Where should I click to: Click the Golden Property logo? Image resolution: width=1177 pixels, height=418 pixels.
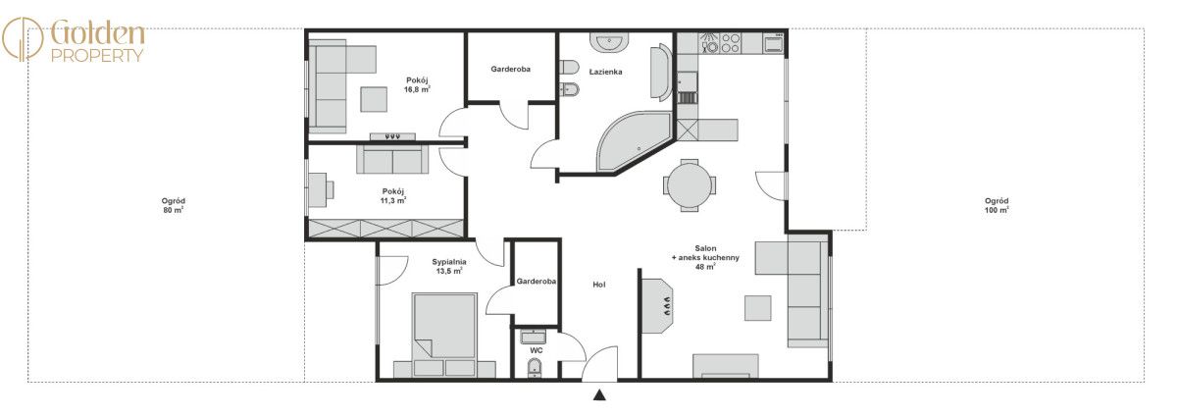click(x=74, y=40)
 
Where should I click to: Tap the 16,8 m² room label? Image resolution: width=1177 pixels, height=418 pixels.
click(x=417, y=84)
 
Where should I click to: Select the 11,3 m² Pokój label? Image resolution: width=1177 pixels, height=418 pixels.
click(x=393, y=195)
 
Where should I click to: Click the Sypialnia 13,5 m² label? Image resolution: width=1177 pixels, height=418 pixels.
click(x=449, y=266)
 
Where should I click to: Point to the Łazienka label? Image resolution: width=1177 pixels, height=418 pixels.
click(x=606, y=72)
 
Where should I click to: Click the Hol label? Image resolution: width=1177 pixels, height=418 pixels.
click(x=599, y=285)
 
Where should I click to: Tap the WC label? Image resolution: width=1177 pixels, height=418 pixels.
click(x=537, y=350)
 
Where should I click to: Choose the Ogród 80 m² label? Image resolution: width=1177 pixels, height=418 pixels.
click(x=174, y=205)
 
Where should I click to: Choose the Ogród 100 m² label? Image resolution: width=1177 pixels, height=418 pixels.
click(x=997, y=205)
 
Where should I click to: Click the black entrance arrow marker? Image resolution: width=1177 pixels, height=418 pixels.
click(x=599, y=394)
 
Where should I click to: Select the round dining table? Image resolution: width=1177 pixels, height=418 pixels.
click(x=690, y=185)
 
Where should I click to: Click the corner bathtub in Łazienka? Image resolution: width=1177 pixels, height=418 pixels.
click(x=633, y=142)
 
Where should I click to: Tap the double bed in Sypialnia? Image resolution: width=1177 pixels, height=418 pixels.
click(x=444, y=335)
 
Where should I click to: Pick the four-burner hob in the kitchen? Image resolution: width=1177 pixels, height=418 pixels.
click(x=730, y=42)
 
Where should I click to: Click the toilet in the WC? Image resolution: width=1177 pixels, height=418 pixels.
click(x=535, y=368)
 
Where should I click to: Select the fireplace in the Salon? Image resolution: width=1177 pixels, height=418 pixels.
click(x=657, y=305)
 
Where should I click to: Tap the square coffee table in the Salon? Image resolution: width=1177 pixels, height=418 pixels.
click(x=757, y=308)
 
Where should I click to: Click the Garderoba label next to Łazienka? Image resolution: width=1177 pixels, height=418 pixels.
click(x=510, y=69)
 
